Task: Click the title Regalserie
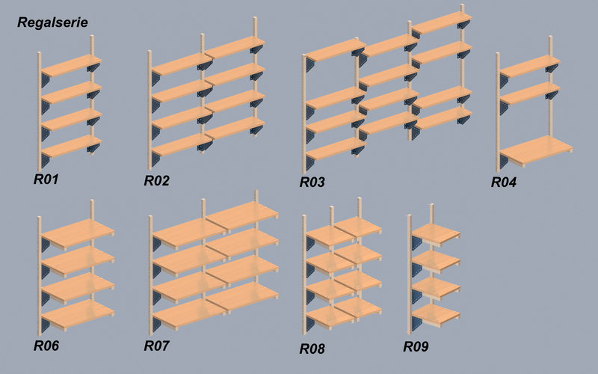coord(52,22)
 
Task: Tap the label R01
coord(46,180)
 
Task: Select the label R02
coord(156,180)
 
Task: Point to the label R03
coord(312,182)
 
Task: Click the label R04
coord(503,182)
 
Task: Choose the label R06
coord(46,346)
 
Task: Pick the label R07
coord(156,346)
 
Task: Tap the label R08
coord(312,349)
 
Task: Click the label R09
coord(416,346)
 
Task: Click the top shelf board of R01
coord(71,65)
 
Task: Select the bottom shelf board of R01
coord(71,146)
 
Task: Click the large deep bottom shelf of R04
coord(536,150)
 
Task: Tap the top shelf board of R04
coord(530,67)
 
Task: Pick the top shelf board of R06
coord(78,234)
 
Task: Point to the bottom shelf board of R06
coord(78,315)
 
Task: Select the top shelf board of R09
coord(436,234)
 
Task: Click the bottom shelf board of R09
coord(436,315)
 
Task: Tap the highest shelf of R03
coord(442,22)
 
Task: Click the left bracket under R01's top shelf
coord(46,81)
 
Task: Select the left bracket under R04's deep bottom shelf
coord(504,161)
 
